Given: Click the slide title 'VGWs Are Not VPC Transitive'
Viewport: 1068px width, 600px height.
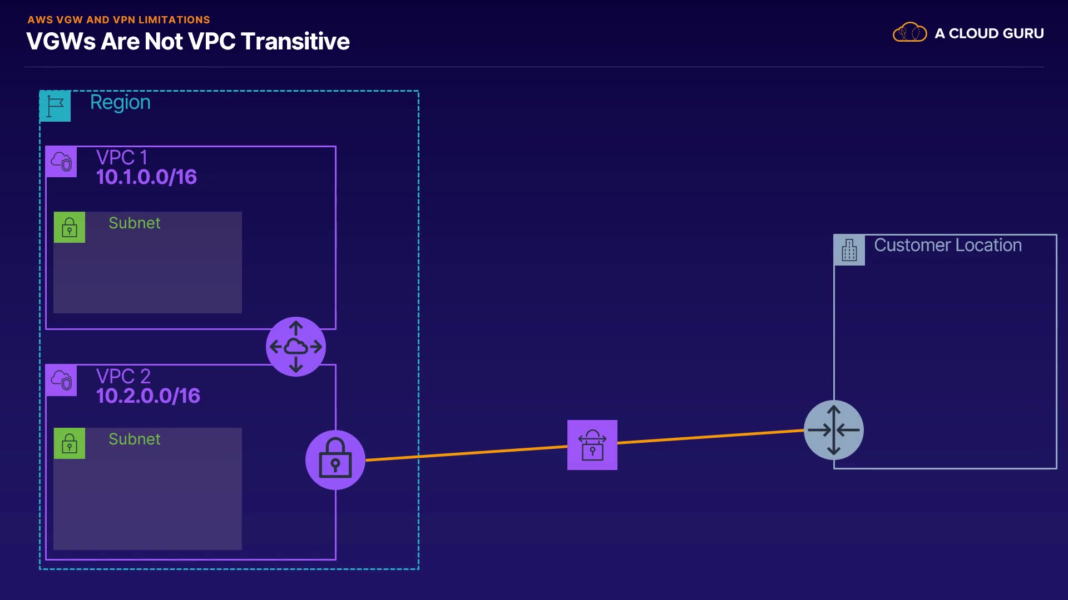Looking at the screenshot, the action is tap(188, 42).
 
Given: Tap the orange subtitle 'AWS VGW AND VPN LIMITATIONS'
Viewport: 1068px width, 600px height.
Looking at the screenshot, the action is tap(118, 20).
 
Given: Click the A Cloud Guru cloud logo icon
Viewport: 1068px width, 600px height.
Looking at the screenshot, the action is tap(909, 33).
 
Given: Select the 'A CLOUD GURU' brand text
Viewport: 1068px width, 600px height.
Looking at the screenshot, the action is tap(989, 33).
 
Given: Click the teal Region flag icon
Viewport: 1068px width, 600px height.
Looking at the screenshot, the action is tap(55, 106).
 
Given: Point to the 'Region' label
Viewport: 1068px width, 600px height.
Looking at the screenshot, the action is tap(120, 102).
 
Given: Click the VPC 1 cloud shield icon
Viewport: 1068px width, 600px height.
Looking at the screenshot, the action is tap(61, 162).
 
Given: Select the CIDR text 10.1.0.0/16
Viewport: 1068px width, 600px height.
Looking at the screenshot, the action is tap(146, 177).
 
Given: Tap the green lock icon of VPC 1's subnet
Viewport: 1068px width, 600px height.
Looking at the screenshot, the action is tap(70, 227).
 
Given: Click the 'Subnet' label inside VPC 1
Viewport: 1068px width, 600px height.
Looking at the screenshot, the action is tap(135, 223).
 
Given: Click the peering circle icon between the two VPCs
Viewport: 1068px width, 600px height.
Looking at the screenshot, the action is tap(296, 347).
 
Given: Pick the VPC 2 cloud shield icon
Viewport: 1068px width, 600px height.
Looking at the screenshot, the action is tap(61, 381).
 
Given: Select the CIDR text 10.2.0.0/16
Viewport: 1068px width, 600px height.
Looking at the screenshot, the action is tap(148, 396).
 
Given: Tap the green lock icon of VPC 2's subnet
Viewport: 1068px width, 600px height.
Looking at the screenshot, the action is tap(70, 443).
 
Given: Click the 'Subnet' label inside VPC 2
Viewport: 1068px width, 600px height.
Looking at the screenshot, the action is tap(135, 439).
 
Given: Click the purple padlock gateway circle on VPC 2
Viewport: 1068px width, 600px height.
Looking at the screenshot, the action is tap(335, 460).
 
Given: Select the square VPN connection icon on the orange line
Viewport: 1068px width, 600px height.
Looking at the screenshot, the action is tap(592, 445).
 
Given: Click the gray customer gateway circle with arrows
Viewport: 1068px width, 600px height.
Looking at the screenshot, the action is tap(834, 430).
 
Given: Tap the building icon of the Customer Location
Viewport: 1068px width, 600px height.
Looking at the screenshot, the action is tap(849, 250).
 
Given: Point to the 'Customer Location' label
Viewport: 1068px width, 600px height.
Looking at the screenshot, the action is tap(948, 245).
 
